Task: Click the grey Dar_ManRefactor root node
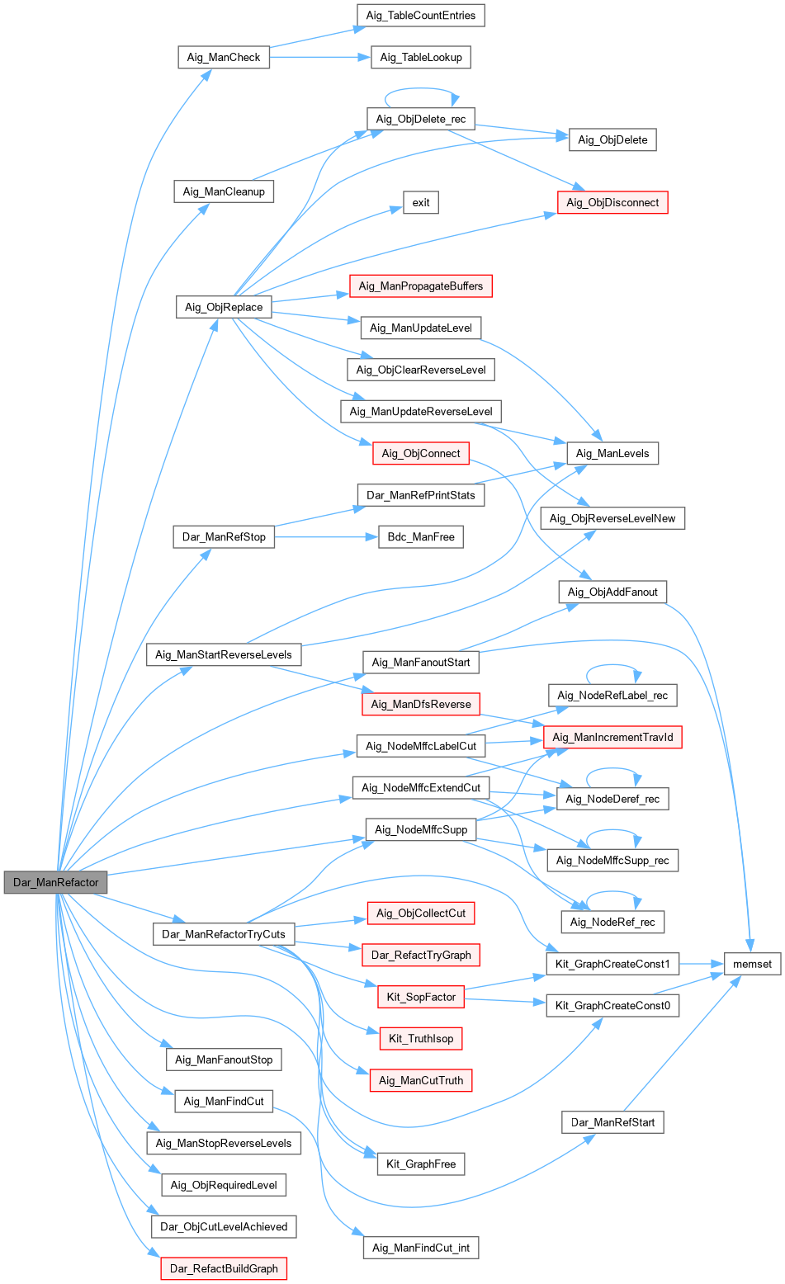tap(55, 882)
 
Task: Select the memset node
tap(752, 964)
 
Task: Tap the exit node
tap(421, 202)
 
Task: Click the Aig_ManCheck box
tap(223, 57)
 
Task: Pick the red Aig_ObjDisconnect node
tap(612, 202)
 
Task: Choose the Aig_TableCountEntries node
tap(421, 15)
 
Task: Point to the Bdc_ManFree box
tap(421, 536)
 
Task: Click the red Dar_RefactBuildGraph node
tap(224, 1268)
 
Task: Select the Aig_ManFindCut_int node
tap(421, 1248)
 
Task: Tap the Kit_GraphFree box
tap(421, 1164)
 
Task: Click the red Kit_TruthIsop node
tap(421, 1038)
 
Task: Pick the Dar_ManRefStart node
tap(612, 1122)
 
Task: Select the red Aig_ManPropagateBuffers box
tap(421, 286)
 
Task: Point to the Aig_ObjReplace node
tap(224, 307)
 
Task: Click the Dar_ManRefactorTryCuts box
tap(224, 934)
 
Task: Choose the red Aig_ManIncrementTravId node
tap(612, 737)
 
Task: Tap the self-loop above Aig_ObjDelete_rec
tap(421, 90)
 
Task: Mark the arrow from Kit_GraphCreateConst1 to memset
tap(702, 964)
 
